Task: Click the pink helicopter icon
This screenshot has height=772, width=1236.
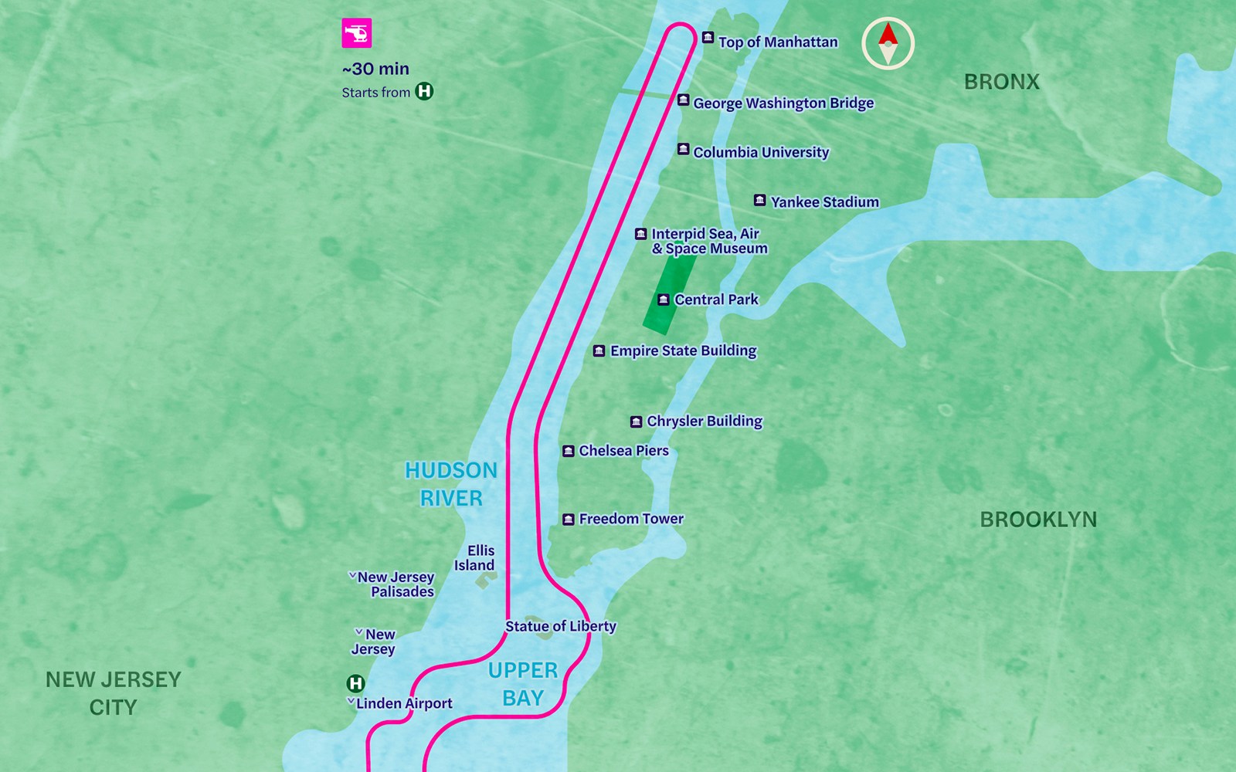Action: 357,33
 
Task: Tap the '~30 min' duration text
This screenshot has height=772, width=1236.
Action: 375,69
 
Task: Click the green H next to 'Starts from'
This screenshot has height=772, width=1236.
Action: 424,91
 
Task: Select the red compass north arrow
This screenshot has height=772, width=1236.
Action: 888,33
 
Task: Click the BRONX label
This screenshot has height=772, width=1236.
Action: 1001,81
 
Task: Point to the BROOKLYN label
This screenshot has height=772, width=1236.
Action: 1037,520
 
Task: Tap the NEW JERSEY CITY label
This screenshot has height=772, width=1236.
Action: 113,692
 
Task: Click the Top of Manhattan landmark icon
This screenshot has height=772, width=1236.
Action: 708,37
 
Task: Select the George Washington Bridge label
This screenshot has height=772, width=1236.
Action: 783,103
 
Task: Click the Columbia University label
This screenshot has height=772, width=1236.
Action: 760,152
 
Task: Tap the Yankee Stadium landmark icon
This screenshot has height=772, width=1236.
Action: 759,200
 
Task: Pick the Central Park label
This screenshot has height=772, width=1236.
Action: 716,300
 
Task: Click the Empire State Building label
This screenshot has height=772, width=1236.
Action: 683,350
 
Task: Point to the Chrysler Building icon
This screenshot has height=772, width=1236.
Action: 636,422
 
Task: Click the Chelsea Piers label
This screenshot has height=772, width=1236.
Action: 623,450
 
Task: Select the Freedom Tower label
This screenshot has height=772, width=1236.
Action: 630,519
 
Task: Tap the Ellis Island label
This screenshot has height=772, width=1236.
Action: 475,557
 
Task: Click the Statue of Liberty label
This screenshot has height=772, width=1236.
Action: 560,626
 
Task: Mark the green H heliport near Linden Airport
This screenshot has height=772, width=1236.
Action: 355,683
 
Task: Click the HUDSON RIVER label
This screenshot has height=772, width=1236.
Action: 451,484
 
